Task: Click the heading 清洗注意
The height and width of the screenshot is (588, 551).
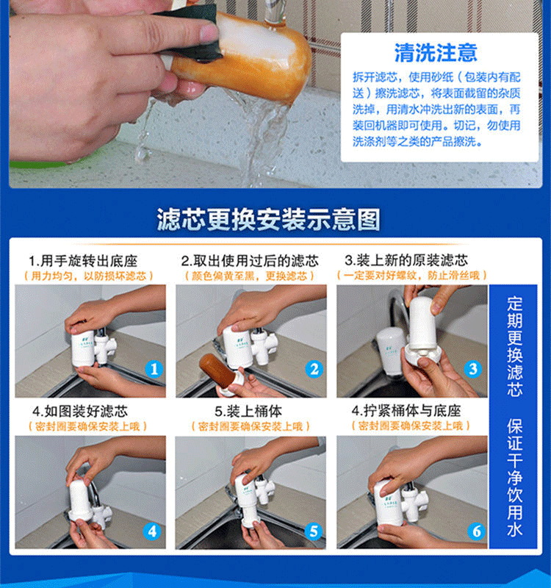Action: [436, 52]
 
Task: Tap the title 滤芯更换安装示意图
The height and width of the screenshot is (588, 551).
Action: [268, 219]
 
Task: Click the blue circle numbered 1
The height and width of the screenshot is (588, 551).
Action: [154, 369]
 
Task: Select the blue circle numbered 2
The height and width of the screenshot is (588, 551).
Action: [314, 369]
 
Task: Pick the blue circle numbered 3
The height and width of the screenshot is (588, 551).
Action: [473, 369]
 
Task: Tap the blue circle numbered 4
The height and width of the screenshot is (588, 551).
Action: [152, 531]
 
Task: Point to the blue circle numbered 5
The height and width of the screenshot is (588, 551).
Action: [314, 531]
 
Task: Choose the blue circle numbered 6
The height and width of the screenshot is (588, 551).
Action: [476, 531]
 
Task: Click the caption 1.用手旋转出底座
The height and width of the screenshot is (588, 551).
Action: [83, 261]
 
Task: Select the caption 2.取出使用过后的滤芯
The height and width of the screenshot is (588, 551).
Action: [250, 260]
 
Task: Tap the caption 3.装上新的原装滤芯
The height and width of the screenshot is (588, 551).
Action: [406, 260]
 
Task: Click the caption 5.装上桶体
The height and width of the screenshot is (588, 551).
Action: [248, 412]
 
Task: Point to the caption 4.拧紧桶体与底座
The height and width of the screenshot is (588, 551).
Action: [406, 411]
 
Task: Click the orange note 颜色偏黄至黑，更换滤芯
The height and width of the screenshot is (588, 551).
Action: [249, 276]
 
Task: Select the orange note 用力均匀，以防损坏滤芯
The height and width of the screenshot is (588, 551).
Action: [88, 276]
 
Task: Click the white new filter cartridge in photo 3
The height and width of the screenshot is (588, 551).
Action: [422, 323]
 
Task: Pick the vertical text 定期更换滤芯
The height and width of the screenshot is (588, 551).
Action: [515, 346]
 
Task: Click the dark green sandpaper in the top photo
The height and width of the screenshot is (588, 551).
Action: [192, 33]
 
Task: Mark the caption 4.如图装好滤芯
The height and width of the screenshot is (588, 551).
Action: [80, 412]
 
